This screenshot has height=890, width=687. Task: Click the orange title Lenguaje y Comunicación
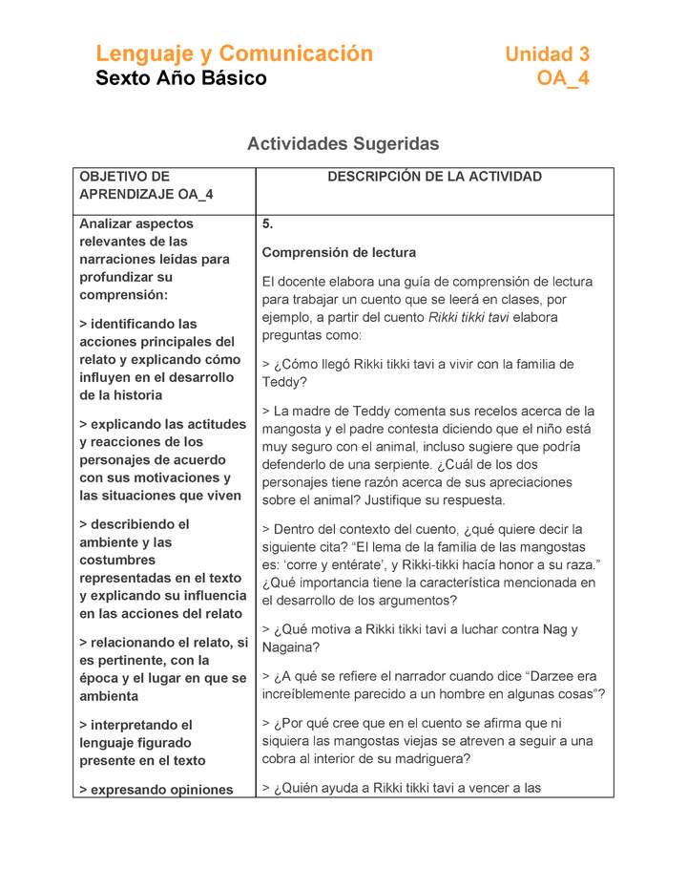[x=234, y=53]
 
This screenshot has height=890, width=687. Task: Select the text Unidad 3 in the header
[x=547, y=54]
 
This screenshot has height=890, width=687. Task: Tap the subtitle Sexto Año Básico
[x=181, y=78]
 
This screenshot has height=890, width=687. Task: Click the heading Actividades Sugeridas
[x=343, y=144]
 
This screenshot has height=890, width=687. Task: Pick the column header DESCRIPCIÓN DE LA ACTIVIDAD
[x=434, y=177]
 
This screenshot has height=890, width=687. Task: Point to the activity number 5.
[x=267, y=223]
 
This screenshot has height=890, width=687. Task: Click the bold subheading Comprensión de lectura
[x=339, y=253]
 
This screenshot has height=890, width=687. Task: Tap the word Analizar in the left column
[x=109, y=223]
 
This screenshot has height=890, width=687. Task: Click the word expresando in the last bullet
[x=133, y=790]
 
